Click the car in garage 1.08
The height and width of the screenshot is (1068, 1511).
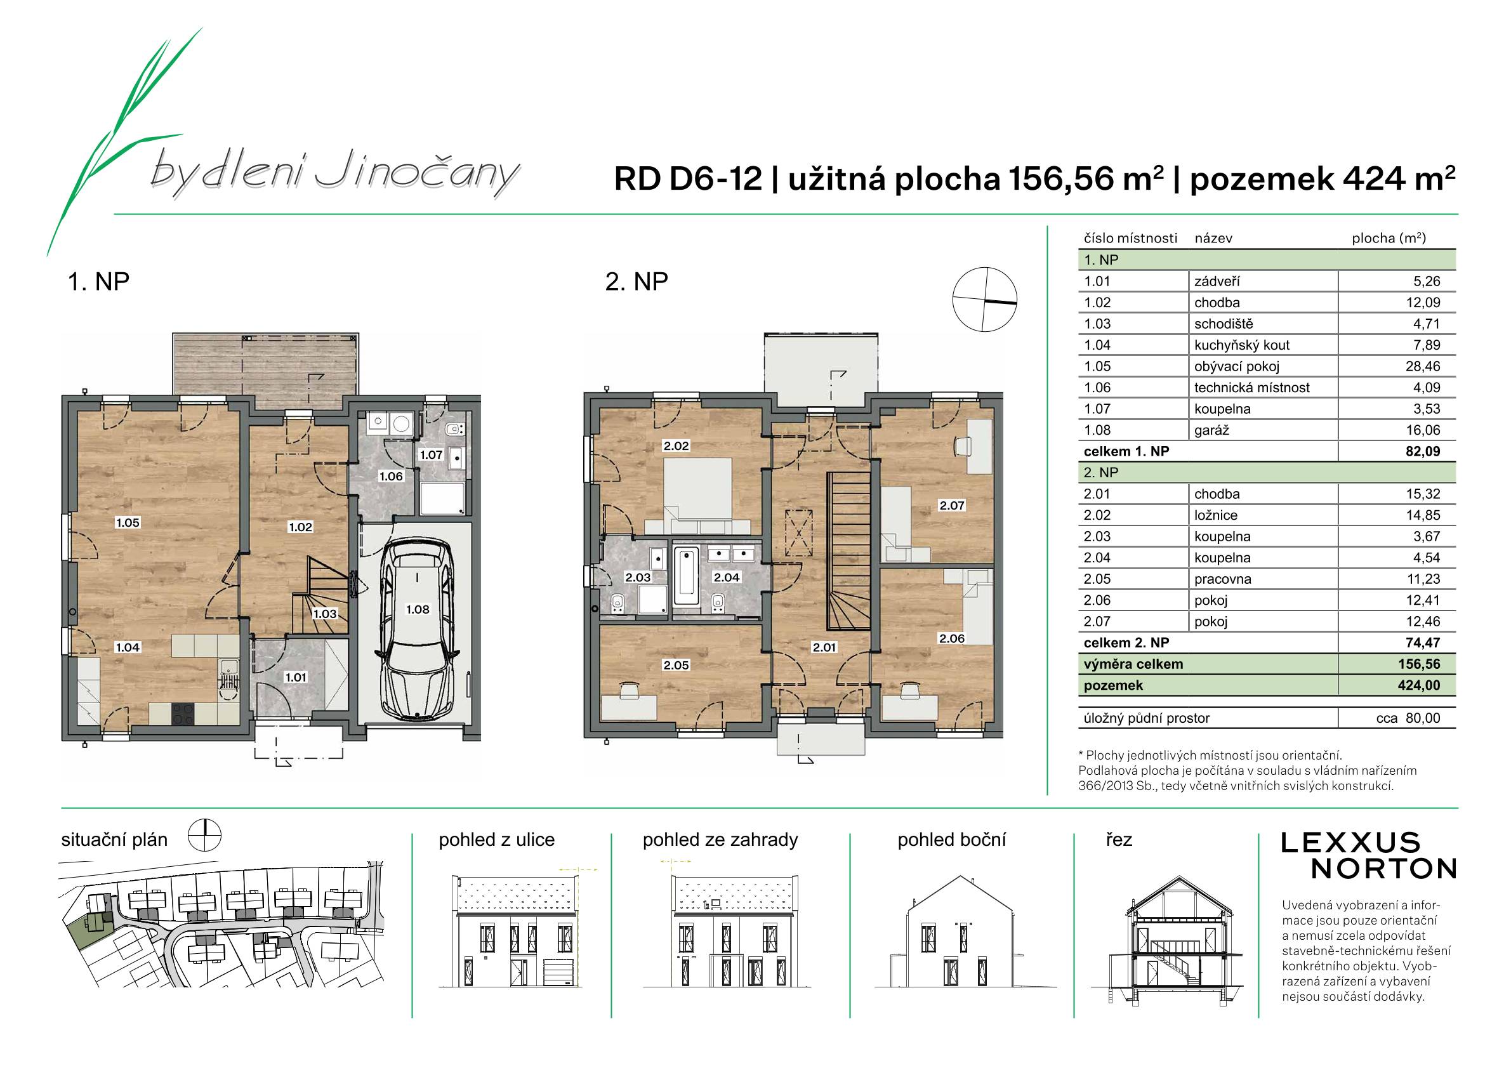(x=416, y=630)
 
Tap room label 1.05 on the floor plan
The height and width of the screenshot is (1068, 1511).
(x=128, y=522)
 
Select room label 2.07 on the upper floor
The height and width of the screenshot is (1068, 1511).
(x=952, y=505)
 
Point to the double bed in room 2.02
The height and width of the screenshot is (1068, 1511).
(x=697, y=496)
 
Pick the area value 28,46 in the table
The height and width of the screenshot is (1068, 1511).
(x=1423, y=367)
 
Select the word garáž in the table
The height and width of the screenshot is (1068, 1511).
(x=1211, y=430)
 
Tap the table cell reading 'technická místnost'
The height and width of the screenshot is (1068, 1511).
(x=1251, y=388)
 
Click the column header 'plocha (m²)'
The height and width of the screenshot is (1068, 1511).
(x=1389, y=238)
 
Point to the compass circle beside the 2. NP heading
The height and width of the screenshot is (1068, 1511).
(x=984, y=300)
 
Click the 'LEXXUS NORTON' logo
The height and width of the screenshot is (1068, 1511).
(x=1368, y=856)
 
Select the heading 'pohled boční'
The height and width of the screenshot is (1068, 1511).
(x=952, y=840)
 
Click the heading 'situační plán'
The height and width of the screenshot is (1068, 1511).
(x=114, y=840)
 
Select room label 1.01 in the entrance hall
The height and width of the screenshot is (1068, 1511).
(x=296, y=676)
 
